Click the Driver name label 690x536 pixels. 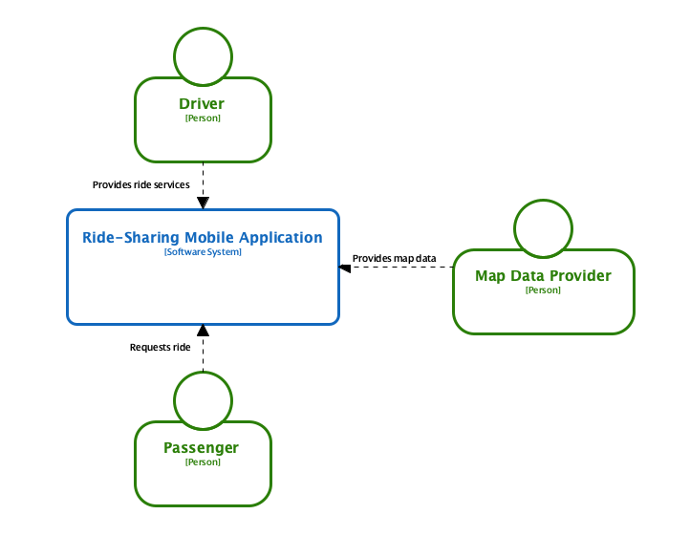203,103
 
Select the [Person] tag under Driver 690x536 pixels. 203,118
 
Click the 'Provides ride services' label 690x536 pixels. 140,184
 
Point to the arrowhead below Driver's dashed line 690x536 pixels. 203,203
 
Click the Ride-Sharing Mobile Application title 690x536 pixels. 203,238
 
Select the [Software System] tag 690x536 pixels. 203,252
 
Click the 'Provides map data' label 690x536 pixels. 394,259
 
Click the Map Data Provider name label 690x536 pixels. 543,276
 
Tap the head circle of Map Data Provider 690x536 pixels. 543,229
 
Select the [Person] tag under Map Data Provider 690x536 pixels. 543,290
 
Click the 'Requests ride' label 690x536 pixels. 160,348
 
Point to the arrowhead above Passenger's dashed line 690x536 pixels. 203,331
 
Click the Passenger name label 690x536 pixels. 202,447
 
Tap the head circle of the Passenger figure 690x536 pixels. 203,399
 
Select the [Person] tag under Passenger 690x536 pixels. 203,462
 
